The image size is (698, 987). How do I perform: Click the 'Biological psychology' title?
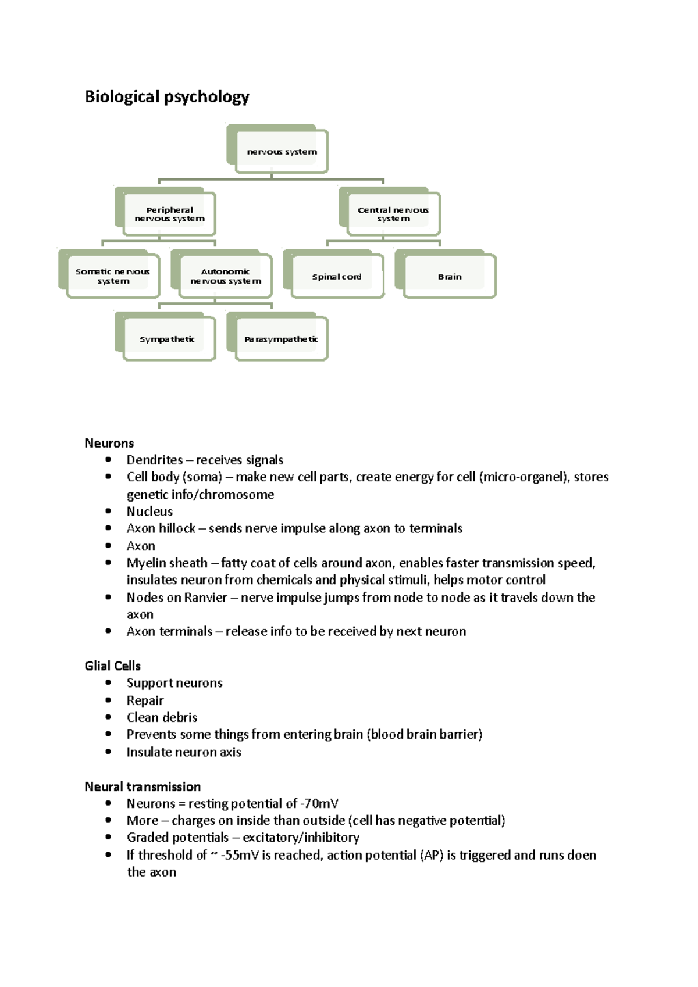(167, 96)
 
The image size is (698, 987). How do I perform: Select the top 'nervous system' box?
(282, 152)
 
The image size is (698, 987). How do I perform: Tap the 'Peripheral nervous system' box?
(169, 214)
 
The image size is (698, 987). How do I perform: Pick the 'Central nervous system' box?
(393, 214)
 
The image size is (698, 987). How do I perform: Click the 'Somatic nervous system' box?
(113, 276)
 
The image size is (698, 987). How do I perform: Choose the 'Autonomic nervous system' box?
(226, 276)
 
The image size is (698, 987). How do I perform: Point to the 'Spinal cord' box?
(337, 277)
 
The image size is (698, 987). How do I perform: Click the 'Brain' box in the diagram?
(450, 277)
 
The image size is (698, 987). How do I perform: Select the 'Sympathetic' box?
(168, 339)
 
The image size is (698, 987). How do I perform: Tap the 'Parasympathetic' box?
(282, 339)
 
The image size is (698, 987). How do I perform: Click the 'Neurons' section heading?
(109, 443)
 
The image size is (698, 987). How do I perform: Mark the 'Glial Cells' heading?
(113, 666)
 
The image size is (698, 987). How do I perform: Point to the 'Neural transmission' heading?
(143, 786)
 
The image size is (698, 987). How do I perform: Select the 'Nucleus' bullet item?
(149, 512)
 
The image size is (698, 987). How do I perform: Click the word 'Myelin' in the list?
(145, 563)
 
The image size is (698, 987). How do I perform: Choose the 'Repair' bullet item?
(145, 700)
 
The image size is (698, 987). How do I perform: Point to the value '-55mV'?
(240, 855)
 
